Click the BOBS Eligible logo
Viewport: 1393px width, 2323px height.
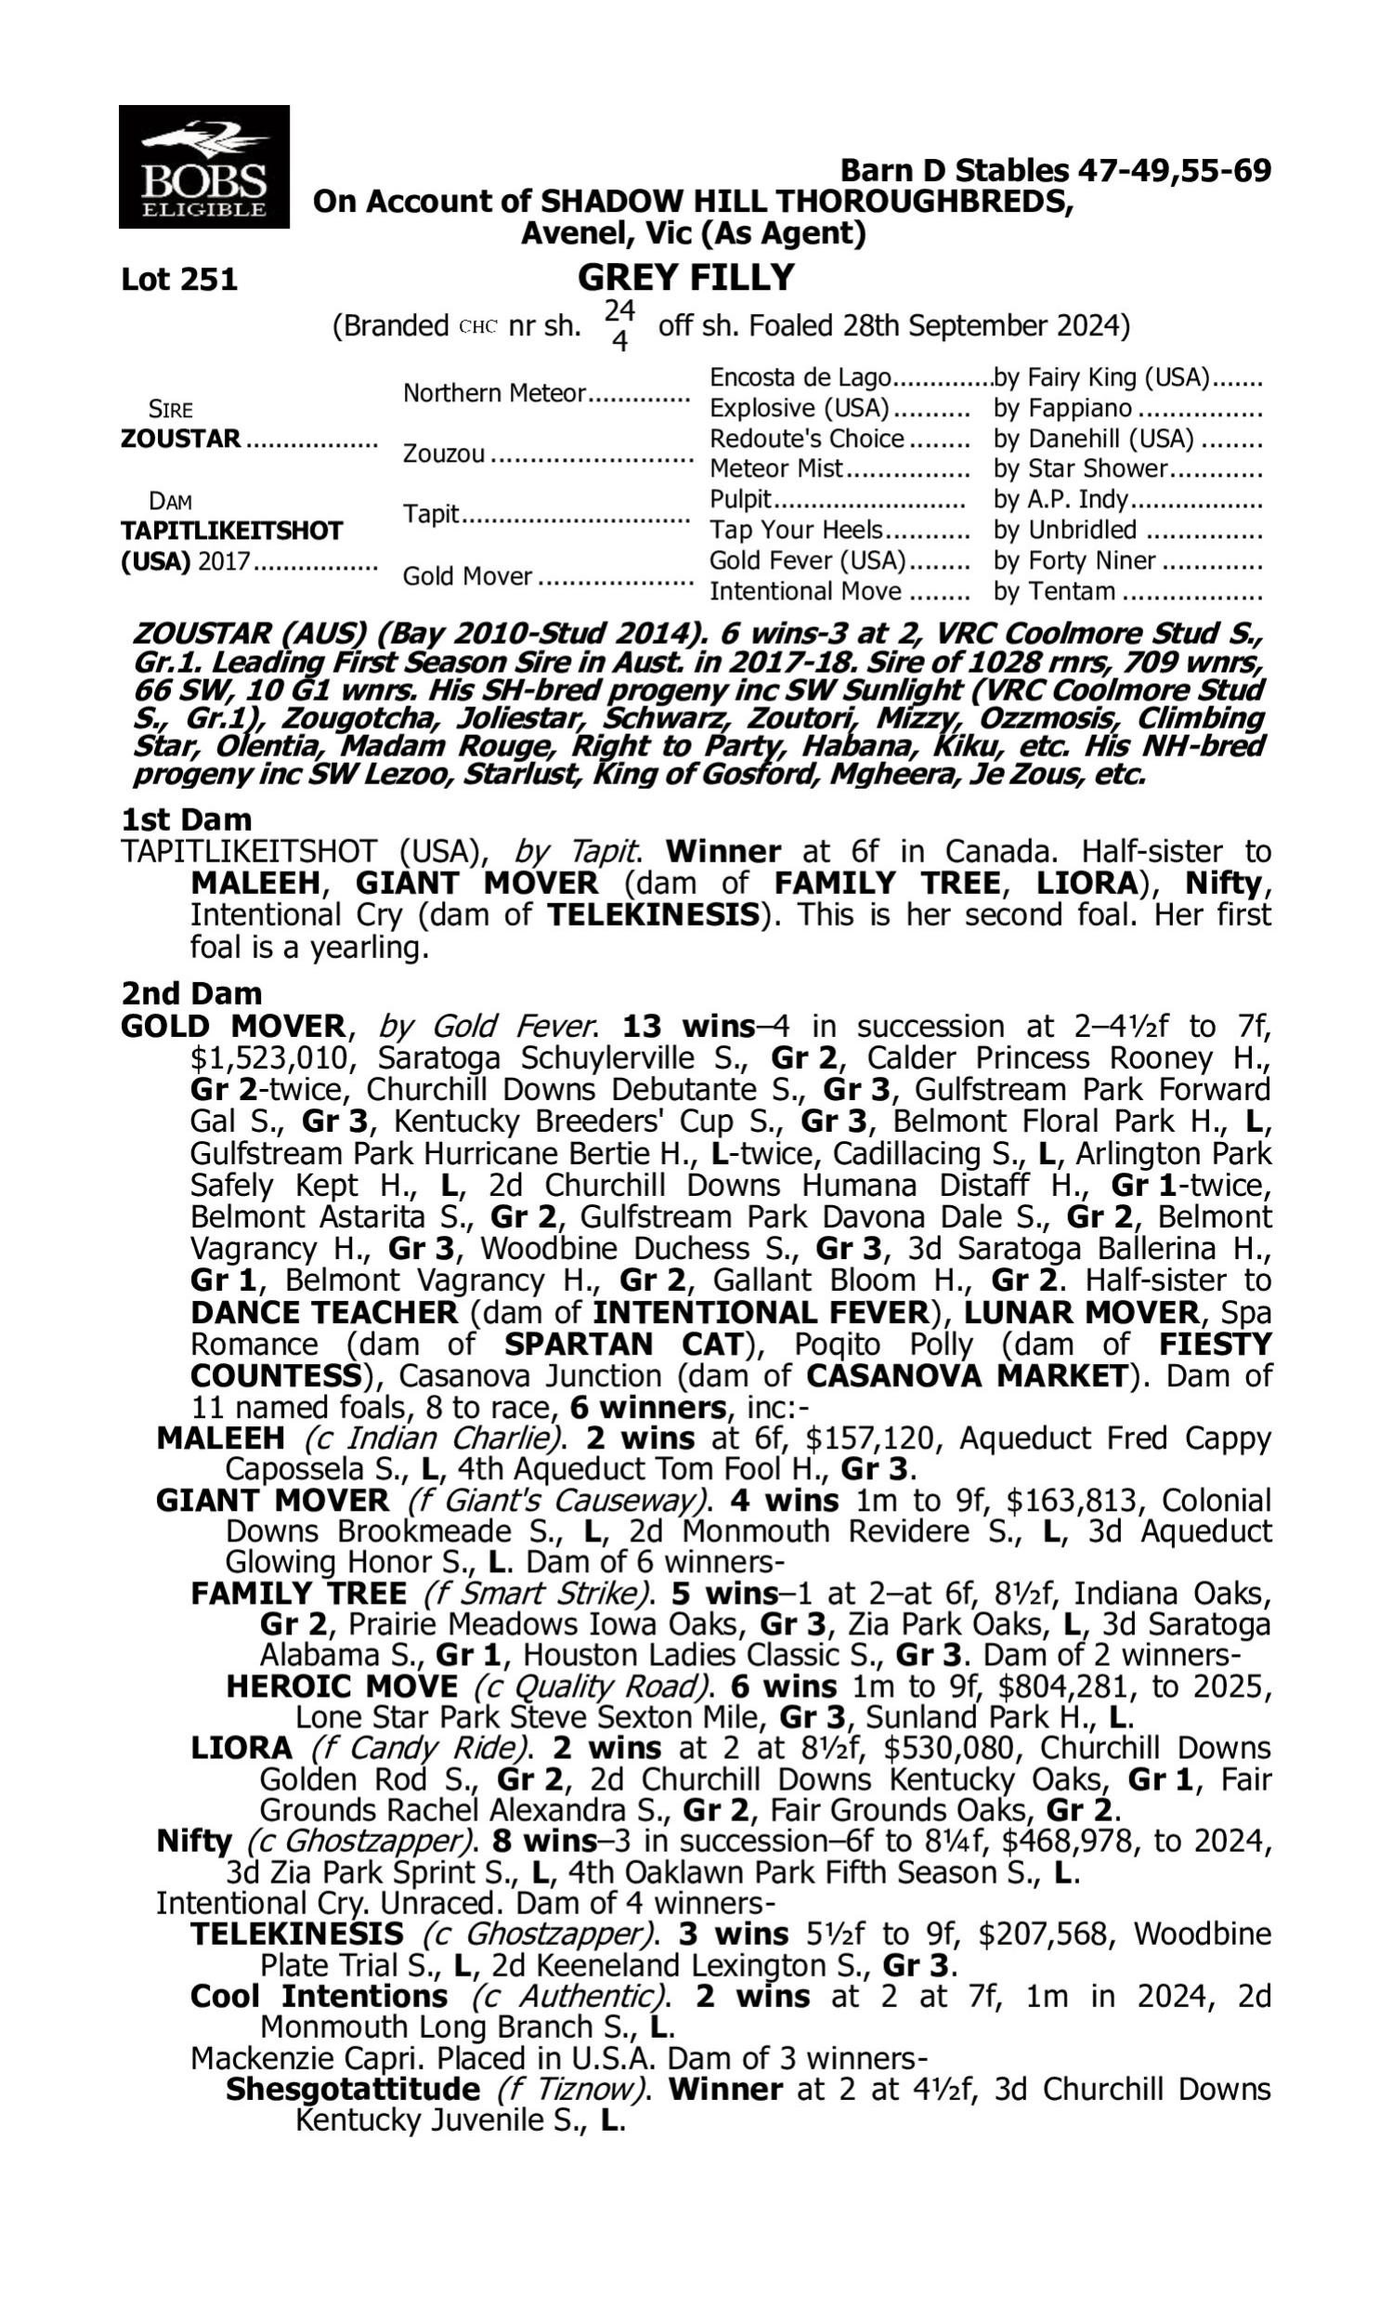click(x=203, y=166)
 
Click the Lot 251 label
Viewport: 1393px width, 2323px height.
click(x=179, y=280)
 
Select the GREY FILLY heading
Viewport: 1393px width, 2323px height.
click(x=685, y=278)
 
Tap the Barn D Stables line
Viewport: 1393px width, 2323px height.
click(x=1055, y=171)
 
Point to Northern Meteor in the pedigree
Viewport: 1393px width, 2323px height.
click(x=495, y=393)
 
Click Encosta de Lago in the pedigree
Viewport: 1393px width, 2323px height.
click(x=800, y=377)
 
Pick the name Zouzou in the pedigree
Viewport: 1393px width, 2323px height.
click(x=444, y=454)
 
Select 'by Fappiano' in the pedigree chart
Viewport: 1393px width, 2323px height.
click(x=1062, y=409)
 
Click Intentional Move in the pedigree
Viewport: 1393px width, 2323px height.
click(x=804, y=592)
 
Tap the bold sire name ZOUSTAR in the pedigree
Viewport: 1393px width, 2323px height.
click(x=180, y=439)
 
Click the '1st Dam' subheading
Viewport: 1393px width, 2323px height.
click(x=186, y=820)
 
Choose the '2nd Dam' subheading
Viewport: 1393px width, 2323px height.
click(x=191, y=993)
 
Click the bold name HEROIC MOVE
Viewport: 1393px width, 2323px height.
click(x=342, y=1687)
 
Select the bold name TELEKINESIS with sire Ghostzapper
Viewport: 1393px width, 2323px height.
click(x=296, y=1935)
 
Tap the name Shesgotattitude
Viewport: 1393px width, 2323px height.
click(x=353, y=2089)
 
